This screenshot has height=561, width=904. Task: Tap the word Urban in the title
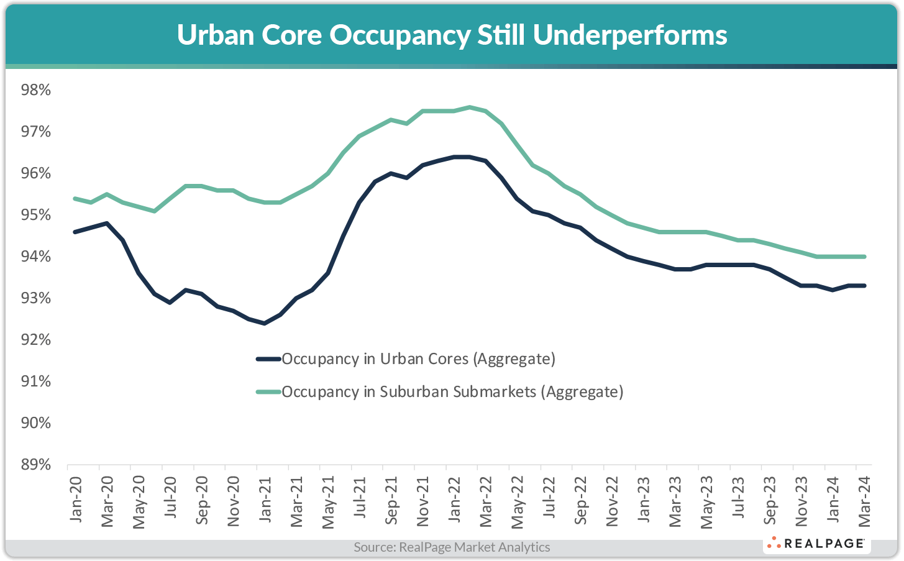[215, 35]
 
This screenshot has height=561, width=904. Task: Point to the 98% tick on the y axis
[36, 91]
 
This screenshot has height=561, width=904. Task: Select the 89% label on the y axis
[36, 465]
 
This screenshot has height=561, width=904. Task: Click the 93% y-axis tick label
[36, 298]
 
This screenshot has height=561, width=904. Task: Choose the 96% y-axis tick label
[36, 173]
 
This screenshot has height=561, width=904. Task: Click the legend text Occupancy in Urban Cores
[418, 359]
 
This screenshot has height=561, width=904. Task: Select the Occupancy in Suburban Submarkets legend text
[452, 392]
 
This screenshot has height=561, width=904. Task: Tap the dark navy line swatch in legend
[268, 359]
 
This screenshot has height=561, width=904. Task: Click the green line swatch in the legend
[268, 392]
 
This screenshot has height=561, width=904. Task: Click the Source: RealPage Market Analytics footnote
[452, 547]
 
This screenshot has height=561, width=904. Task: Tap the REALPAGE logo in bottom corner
[816, 544]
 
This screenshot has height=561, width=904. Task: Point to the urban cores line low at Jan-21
[264, 323]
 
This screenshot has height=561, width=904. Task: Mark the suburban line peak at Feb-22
[470, 107]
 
